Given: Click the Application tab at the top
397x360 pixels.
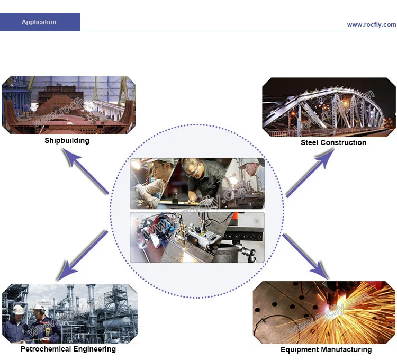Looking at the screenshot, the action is (39, 22).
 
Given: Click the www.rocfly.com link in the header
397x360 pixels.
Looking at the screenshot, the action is (371, 25).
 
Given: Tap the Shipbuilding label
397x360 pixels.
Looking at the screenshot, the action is (67, 140).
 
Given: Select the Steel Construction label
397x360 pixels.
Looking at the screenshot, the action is (333, 142).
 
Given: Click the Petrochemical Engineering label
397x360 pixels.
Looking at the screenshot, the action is (68, 349).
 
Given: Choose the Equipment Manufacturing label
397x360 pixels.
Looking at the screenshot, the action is (326, 349).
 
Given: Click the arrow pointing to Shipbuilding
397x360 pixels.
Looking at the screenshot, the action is (85, 170).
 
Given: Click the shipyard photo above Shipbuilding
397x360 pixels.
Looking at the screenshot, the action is (68, 105).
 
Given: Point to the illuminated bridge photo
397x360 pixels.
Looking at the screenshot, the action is (329, 107).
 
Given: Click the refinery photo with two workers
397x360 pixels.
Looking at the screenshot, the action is (69, 313).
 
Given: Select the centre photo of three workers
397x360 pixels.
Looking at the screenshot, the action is (197, 183).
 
